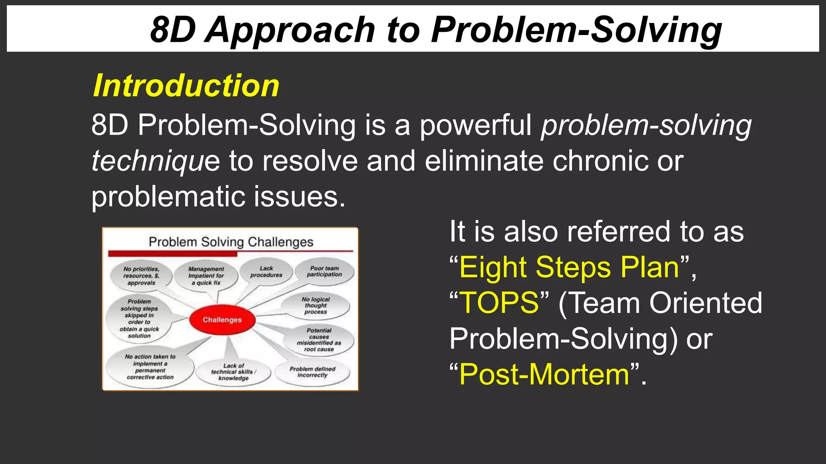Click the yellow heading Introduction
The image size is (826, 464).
[x=186, y=86]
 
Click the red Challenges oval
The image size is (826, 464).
[x=222, y=320]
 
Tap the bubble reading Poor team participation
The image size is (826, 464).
[x=324, y=271]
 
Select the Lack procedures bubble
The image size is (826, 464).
[x=266, y=272]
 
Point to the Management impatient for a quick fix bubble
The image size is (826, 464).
[x=206, y=275]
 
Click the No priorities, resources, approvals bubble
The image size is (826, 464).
[x=141, y=276]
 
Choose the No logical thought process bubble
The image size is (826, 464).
[x=315, y=305]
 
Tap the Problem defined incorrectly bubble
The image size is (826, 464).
[x=312, y=372]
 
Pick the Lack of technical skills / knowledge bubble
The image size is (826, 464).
[x=233, y=372]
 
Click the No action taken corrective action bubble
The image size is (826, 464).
[x=150, y=367]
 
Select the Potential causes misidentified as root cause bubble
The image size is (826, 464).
[x=319, y=340]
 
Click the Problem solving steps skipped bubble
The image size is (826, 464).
[x=139, y=318]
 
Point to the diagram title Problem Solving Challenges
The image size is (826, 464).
[x=231, y=242]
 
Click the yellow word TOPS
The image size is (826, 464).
[x=499, y=303]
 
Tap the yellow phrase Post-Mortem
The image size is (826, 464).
[x=544, y=375]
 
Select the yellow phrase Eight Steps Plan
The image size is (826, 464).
[x=569, y=267]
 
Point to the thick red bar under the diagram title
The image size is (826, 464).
[x=173, y=254]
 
